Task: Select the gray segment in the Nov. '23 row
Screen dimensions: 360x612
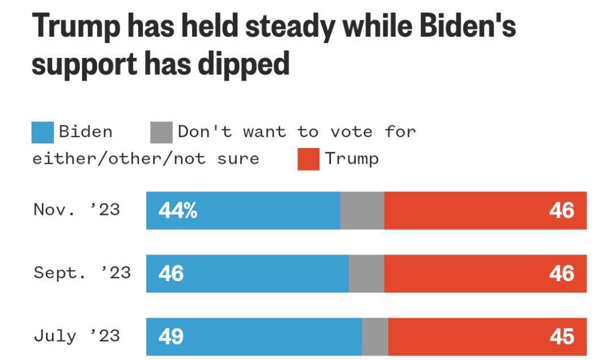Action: point(362,210)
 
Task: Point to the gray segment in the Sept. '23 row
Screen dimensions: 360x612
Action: point(366,273)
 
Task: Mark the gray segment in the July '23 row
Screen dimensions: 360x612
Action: point(375,337)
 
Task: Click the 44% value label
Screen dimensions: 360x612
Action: point(178,211)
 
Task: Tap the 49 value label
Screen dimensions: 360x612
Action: point(171,337)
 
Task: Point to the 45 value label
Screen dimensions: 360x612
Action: point(562,337)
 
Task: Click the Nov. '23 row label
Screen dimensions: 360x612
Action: point(76,210)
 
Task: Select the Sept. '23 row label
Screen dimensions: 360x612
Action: point(82,273)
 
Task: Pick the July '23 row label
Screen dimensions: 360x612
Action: point(76,336)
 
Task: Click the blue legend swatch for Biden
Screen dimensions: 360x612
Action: point(42,133)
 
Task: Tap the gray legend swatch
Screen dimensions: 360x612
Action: point(161,133)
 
